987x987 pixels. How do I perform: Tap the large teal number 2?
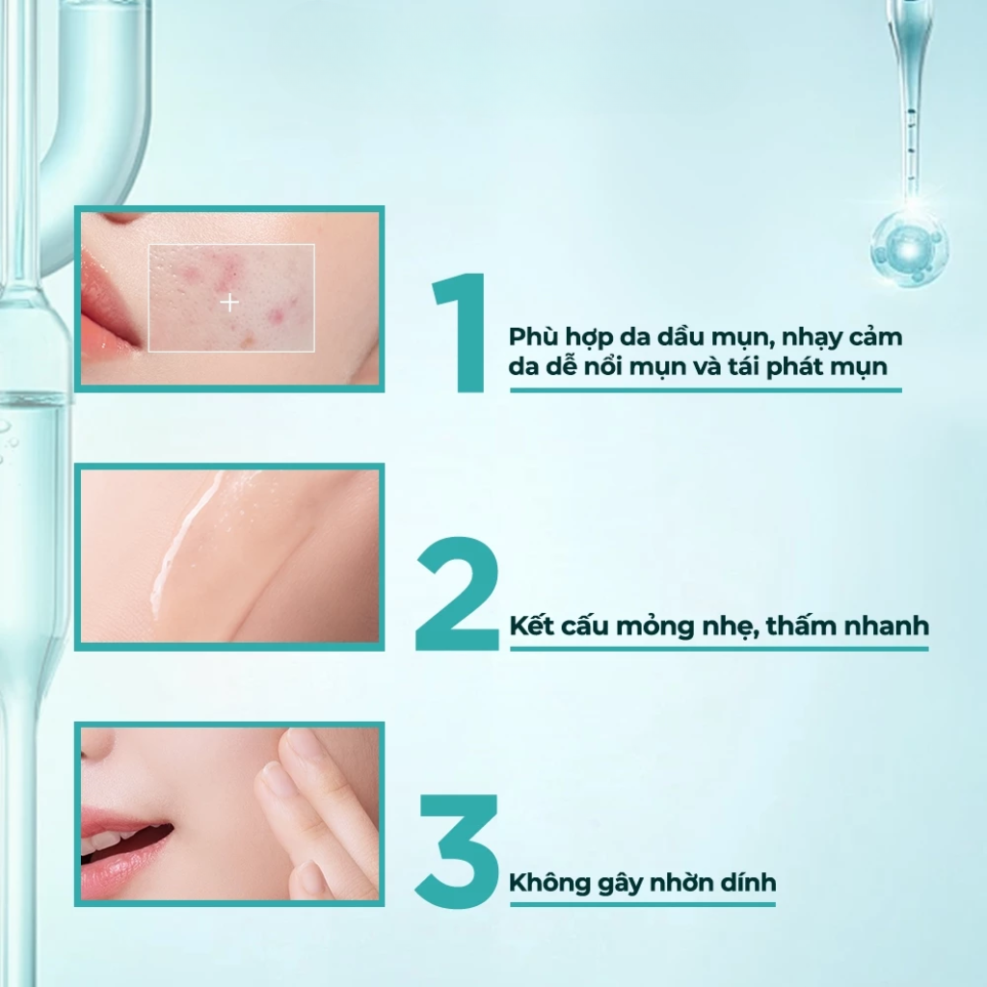[457, 594]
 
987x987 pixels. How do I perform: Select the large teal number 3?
[457, 851]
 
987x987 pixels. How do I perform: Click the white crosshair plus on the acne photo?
[229, 303]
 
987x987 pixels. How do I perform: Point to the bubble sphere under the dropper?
[909, 248]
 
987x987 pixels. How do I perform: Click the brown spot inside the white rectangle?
[249, 341]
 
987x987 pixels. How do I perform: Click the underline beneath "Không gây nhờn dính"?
[643, 904]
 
